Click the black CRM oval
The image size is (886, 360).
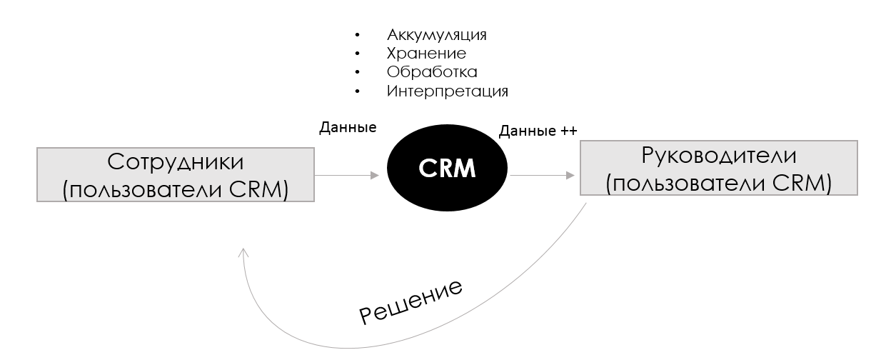[447, 168]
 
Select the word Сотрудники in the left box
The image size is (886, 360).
[175, 162]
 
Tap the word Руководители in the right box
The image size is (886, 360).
[719, 156]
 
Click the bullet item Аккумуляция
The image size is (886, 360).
[437, 35]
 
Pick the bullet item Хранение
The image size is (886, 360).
[426, 54]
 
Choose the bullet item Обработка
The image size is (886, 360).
[432, 72]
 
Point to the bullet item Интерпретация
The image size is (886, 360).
[448, 91]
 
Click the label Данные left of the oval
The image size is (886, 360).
[348, 128]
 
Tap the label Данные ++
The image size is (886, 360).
[538, 131]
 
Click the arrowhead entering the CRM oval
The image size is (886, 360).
[375, 175]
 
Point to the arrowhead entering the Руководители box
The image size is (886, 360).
[570, 175]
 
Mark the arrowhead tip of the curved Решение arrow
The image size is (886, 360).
[243, 249]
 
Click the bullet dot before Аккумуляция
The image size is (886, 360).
[358, 35]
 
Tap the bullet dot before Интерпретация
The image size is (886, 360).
[358, 91]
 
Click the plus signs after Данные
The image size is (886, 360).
[569, 131]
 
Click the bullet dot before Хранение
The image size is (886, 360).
[358, 54]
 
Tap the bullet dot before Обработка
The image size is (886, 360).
[358, 72]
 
